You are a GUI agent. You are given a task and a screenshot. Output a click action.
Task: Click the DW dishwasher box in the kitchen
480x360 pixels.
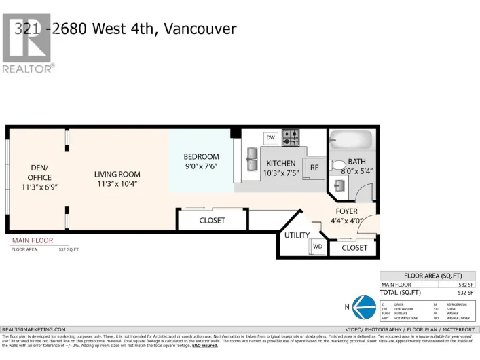tap(270, 138)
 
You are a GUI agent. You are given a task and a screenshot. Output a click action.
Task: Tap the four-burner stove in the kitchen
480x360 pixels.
tap(291, 138)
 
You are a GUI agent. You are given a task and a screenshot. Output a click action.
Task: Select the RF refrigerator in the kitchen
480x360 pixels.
tap(314, 168)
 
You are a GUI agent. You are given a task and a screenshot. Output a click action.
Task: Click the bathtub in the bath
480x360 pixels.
tap(352, 141)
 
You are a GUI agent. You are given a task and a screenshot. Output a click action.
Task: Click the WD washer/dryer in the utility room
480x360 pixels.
tap(317, 246)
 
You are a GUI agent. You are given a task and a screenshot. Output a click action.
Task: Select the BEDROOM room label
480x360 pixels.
tap(201, 157)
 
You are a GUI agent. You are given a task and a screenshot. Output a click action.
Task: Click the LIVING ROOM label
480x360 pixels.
tap(117, 175)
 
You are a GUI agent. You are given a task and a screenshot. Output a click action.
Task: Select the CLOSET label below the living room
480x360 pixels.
tap(212, 221)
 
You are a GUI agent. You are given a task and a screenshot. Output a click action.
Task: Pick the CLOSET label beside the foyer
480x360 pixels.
tap(354, 248)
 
